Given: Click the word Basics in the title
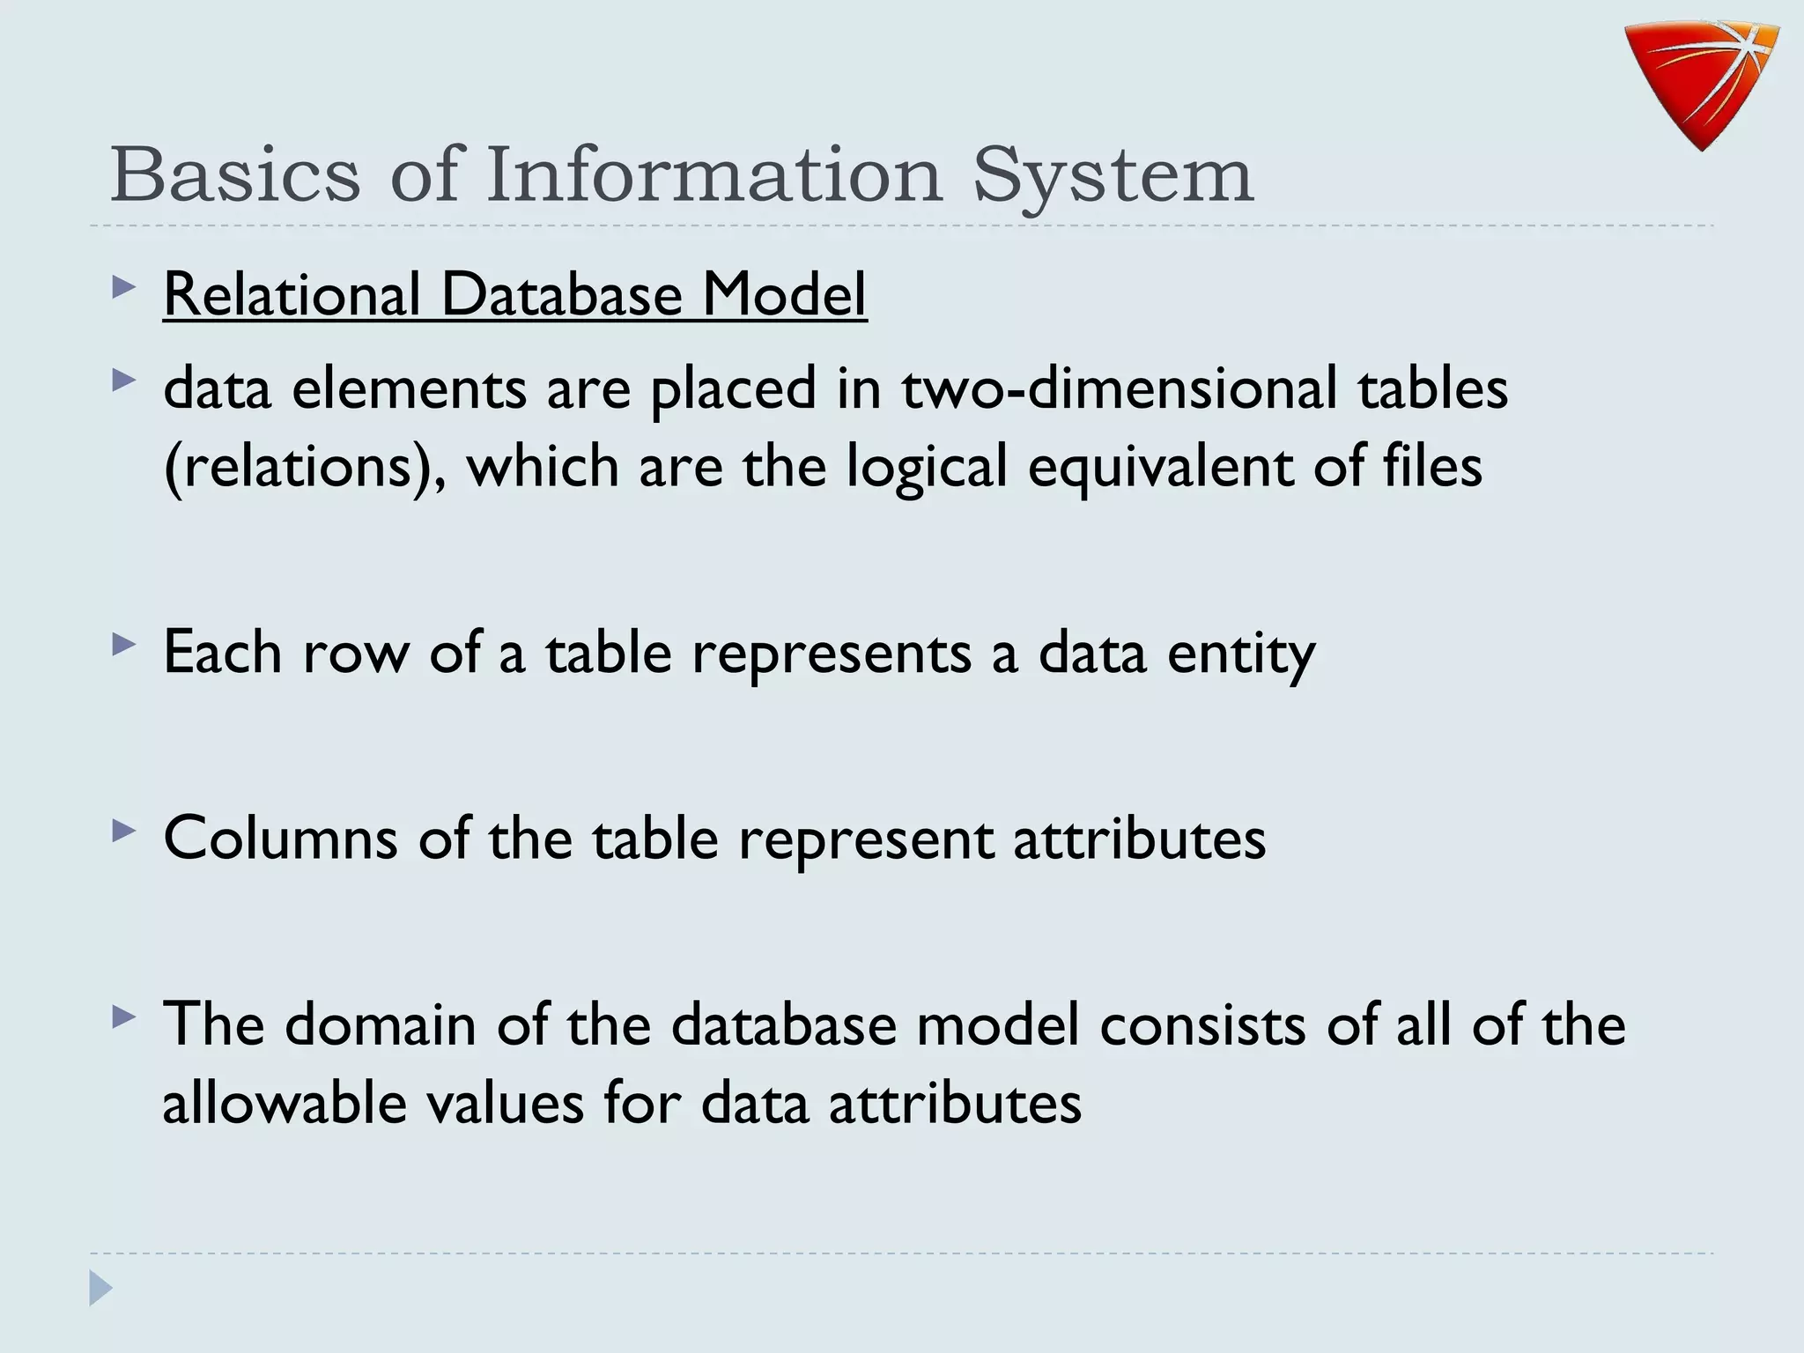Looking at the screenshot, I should (235, 174).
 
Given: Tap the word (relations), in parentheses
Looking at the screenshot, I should (304, 467).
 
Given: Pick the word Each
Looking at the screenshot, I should (223, 653).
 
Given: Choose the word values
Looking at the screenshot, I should (506, 1102).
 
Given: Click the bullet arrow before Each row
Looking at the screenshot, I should (124, 646).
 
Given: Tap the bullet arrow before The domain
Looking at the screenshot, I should (124, 1018).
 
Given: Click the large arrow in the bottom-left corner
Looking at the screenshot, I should (100, 1289).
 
